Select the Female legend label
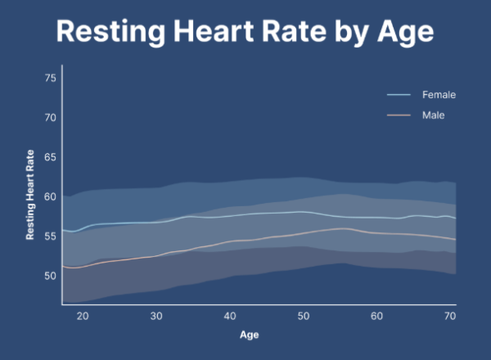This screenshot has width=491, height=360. [x=439, y=95]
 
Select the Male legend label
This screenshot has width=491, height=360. [x=433, y=115]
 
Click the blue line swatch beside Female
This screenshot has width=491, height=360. [x=399, y=95]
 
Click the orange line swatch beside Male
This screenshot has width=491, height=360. [x=399, y=115]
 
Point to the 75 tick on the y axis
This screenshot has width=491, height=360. [x=50, y=78]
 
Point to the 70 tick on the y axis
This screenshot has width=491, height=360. [x=50, y=118]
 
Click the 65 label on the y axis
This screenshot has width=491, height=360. [x=50, y=157]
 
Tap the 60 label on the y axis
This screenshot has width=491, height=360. [x=50, y=196]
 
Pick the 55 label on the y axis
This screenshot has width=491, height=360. [x=50, y=236]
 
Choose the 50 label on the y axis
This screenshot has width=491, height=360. [x=50, y=276]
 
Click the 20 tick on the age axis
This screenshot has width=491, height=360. [x=83, y=316]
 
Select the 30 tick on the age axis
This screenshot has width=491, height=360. [x=155, y=316]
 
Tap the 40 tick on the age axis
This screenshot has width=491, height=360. [x=229, y=316]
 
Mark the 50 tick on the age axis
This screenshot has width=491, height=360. [x=303, y=316]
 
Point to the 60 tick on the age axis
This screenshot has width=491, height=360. [x=376, y=316]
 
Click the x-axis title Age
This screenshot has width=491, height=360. [x=249, y=335]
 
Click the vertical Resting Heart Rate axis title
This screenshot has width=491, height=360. [x=30, y=195]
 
